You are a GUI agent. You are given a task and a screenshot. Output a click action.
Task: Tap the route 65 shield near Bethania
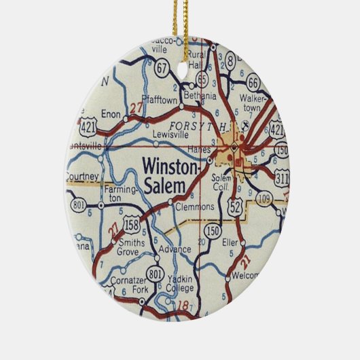[202, 77]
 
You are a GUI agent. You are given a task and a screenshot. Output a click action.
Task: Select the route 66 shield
[253, 83]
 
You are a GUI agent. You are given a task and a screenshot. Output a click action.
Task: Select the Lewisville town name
[169, 134]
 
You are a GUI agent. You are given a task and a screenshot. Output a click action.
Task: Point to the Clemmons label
[194, 206]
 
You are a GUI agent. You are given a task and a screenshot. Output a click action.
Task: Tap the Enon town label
[111, 114]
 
